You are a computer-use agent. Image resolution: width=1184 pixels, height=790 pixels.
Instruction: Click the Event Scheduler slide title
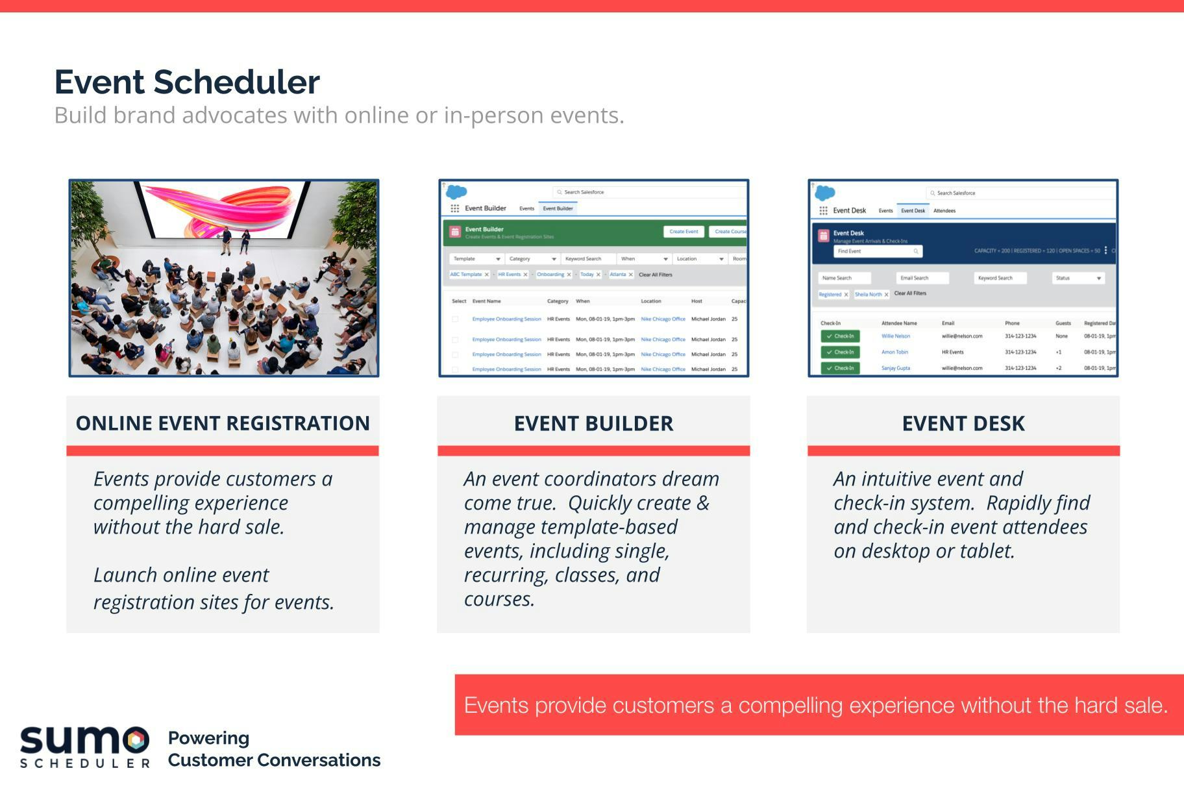pyautogui.click(x=187, y=82)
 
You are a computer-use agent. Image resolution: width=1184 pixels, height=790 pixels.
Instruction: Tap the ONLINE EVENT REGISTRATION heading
pyautogui.click(x=223, y=423)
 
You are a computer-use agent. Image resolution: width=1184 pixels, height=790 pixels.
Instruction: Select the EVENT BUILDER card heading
pyautogui.click(x=593, y=423)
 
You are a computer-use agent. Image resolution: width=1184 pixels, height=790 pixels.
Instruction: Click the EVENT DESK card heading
pyautogui.click(x=963, y=423)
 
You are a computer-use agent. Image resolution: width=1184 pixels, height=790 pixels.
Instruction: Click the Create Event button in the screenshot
pyautogui.click(x=684, y=232)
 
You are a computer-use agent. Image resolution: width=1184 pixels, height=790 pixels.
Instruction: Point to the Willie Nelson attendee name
pyautogui.click(x=896, y=336)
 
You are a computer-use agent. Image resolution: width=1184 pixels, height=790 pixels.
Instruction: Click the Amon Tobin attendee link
pyautogui.click(x=894, y=352)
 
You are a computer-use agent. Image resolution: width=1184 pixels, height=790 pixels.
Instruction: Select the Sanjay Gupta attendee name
pyautogui.click(x=896, y=368)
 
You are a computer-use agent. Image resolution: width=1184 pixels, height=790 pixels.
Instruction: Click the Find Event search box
pyautogui.click(x=878, y=251)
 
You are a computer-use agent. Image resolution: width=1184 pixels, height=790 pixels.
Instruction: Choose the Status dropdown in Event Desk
pyautogui.click(x=1078, y=278)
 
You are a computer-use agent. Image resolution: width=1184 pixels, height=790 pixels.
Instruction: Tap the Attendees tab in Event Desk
pyautogui.click(x=944, y=211)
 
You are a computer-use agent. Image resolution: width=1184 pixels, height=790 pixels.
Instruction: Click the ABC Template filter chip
pyautogui.click(x=466, y=275)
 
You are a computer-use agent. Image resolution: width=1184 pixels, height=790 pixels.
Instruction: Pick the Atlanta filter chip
pyautogui.click(x=618, y=275)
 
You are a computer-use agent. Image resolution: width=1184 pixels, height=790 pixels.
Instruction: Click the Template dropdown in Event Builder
pyautogui.click(x=476, y=259)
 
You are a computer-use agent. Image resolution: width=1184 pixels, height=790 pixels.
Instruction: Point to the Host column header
pyautogui.click(x=697, y=301)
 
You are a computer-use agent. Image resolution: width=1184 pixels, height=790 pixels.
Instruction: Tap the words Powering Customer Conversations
pyautogui.click(x=274, y=749)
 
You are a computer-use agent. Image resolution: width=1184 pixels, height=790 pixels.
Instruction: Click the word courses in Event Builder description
pyautogui.click(x=499, y=599)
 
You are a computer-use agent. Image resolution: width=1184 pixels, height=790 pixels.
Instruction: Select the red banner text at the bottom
pyautogui.click(x=816, y=705)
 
